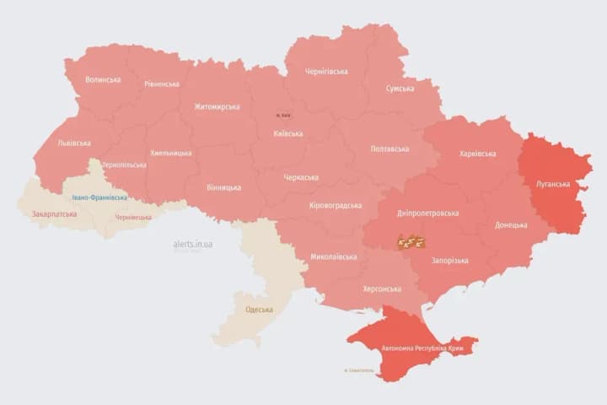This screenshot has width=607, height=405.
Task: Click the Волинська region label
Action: pyautogui.click(x=103, y=80)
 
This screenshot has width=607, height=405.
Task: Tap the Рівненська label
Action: pyautogui.click(x=162, y=84)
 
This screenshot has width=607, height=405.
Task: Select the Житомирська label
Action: pyautogui.click(x=217, y=107)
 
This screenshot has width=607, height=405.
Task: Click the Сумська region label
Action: pyautogui.click(x=400, y=89)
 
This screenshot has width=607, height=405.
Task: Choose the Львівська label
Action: pyautogui.click(x=74, y=143)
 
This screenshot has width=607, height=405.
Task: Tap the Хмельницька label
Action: pyautogui.click(x=171, y=154)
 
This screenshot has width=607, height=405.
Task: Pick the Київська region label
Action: pyautogui.click(x=288, y=134)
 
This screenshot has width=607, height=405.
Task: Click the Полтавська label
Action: pyautogui.click(x=390, y=149)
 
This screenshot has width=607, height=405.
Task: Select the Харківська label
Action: pyautogui.click(x=478, y=154)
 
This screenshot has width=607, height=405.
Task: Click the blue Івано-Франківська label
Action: pyautogui.click(x=99, y=197)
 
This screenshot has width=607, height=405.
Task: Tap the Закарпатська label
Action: pyautogui.click(x=53, y=214)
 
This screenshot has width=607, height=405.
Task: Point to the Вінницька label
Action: pyautogui.click(x=223, y=187)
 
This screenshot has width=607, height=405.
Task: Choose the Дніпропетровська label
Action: pyautogui.click(x=430, y=213)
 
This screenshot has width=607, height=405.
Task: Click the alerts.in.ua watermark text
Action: pyautogui.click(x=193, y=244)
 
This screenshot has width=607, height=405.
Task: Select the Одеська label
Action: pyautogui.click(x=260, y=310)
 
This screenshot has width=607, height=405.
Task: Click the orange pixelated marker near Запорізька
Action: pyautogui.click(x=411, y=242)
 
